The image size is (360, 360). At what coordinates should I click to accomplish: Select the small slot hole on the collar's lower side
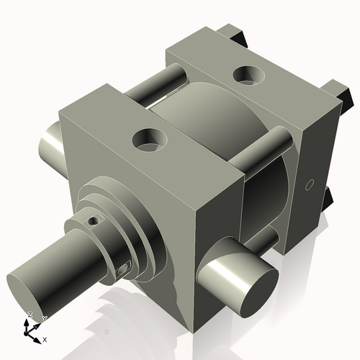[x=122, y=270]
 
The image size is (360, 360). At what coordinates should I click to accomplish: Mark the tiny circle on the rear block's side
[x=310, y=186]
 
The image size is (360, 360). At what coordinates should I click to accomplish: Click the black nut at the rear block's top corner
[x=238, y=32]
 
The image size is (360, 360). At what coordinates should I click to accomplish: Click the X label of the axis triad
[x=45, y=338]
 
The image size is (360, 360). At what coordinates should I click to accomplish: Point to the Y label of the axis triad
[x=44, y=318]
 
